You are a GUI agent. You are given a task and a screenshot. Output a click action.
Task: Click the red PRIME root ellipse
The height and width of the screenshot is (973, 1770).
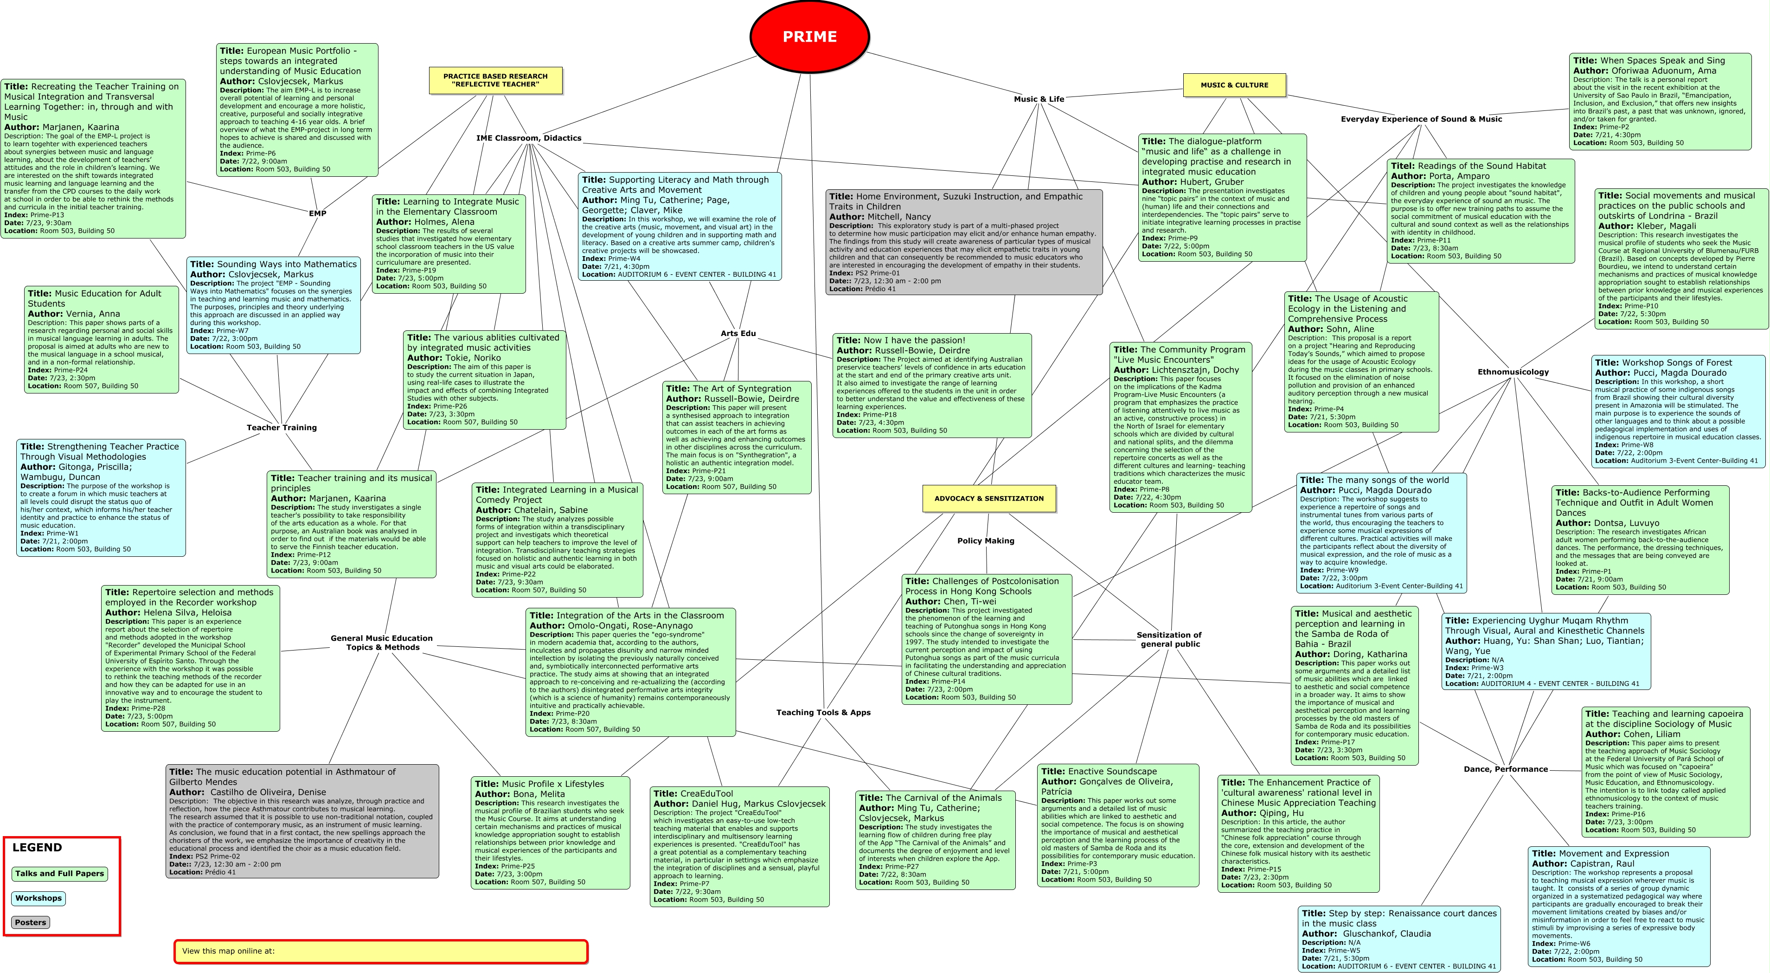pyautogui.click(x=809, y=36)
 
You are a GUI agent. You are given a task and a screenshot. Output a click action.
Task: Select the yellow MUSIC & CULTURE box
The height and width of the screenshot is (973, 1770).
pyautogui.click(x=1234, y=85)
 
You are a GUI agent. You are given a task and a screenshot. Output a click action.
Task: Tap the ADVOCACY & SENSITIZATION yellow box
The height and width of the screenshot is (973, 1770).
pyautogui.click(x=989, y=499)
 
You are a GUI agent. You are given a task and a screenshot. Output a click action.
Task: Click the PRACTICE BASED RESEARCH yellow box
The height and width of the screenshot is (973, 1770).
pyautogui.click(x=495, y=80)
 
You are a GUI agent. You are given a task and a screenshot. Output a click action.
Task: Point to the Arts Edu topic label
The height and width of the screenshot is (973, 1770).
pyautogui.click(x=738, y=333)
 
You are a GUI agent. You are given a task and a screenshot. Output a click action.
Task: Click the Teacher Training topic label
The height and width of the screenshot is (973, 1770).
pyautogui.click(x=282, y=427)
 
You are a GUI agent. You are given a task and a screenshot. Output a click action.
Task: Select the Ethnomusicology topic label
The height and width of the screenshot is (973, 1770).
pyautogui.click(x=1513, y=372)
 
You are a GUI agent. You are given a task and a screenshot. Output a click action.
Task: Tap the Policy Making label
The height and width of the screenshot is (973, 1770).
pyautogui.click(x=985, y=541)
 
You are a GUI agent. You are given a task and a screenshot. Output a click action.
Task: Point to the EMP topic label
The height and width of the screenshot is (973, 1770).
pyautogui.click(x=317, y=213)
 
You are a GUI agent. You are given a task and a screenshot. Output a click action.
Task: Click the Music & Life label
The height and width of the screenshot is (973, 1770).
pyautogui.click(x=1039, y=99)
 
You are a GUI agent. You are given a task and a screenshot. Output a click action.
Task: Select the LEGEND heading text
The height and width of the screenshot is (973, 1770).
pyautogui.click(x=37, y=847)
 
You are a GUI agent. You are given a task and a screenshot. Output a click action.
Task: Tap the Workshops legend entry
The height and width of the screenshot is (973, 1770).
pyautogui.click(x=38, y=898)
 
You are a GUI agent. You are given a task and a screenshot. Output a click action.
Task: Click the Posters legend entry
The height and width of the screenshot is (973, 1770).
pyautogui.click(x=31, y=922)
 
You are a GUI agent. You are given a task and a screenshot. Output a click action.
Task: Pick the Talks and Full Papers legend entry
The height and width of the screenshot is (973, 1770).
pyautogui.click(x=60, y=873)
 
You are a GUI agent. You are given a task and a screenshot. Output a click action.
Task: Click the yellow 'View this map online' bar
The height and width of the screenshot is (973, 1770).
pyautogui.click(x=381, y=951)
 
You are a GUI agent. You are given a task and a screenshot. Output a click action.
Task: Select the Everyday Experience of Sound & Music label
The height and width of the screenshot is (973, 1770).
pyautogui.click(x=1421, y=119)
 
